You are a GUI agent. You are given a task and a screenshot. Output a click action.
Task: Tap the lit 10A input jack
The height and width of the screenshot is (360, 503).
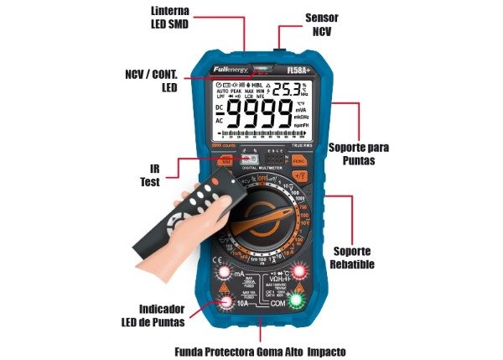(x=226, y=303)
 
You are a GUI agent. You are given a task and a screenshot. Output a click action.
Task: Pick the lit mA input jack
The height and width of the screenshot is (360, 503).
(x=224, y=274)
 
